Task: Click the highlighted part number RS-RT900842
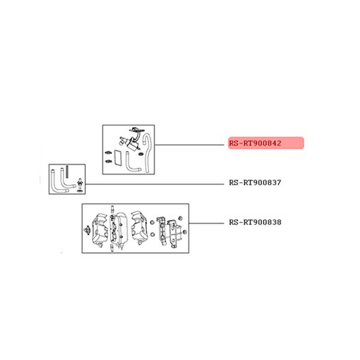[x=255, y=143]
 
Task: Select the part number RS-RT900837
[x=255, y=183]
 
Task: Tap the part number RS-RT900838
[x=255, y=222]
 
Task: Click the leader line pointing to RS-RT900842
[x=189, y=145]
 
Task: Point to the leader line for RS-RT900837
[x=154, y=184]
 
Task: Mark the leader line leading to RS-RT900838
[x=206, y=223]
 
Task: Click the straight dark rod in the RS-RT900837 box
[x=67, y=172]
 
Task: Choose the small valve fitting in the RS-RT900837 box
[x=80, y=183]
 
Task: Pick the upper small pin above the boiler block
[x=112, y=209]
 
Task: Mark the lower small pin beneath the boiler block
[x=112, y=248]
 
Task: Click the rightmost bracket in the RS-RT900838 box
[x=175, y=234]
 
